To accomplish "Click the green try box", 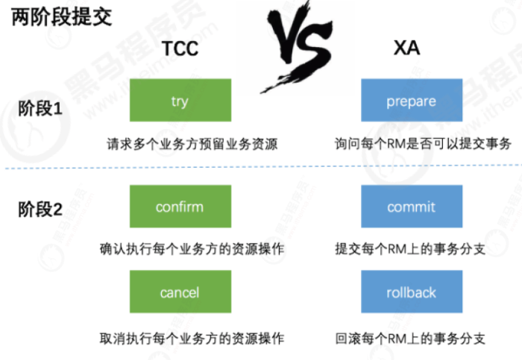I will pyautogui.click(x=179, y=101).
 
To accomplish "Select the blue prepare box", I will pyautogui.click(x=411, y=101).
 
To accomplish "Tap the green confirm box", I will pyautogui.click(x=179, y=206).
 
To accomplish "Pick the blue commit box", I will pyautogui.click(x=411, y=206).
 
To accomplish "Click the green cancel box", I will pyautogui.click(x=179, y=291).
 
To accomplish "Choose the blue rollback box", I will pyautogui.click(x=411, y=291).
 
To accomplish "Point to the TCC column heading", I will pyautogui.click(x=180, y=48).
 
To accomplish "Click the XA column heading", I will pyautogui.click(x=406, y=48).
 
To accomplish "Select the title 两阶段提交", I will pyautogui.click(x=62, y=17).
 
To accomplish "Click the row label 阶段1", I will pyautogui.click(x=40, y=109).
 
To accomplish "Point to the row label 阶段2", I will pyautogui.click(x=40, y=210).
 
